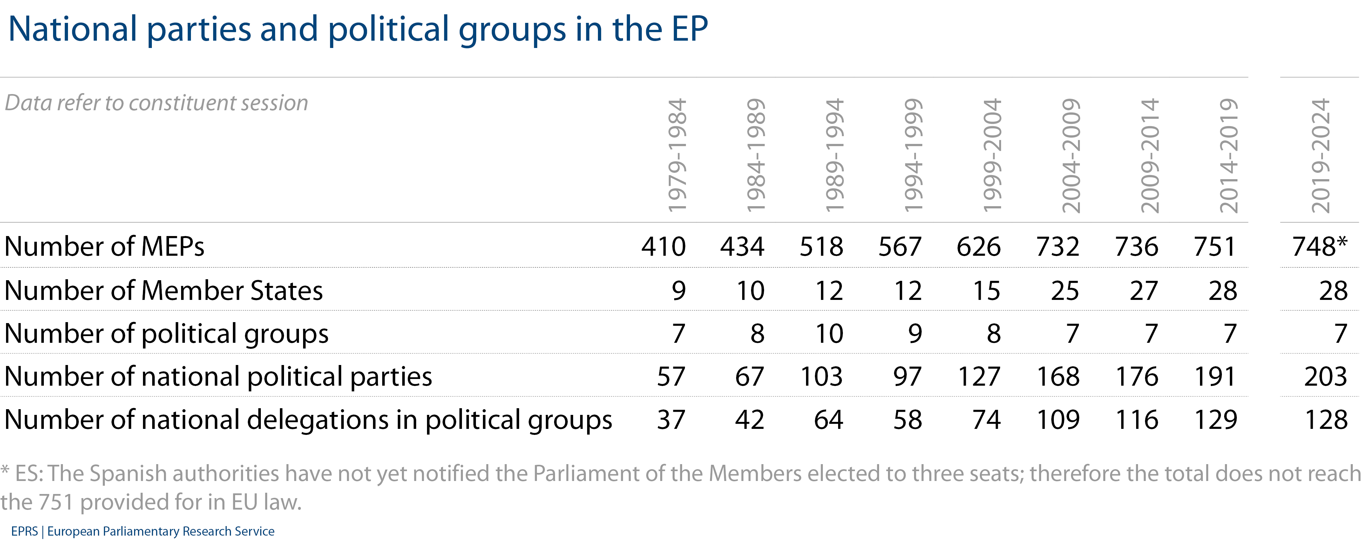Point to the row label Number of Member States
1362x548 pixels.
(x=163, y=291)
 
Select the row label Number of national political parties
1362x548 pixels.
(x=218, y=376)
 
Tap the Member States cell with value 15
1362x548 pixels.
(x=986, y=291)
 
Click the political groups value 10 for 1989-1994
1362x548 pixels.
(x=829, y=334)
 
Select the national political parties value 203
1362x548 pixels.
(x=1325, y=376)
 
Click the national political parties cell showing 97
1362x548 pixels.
(x=907, y=376)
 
